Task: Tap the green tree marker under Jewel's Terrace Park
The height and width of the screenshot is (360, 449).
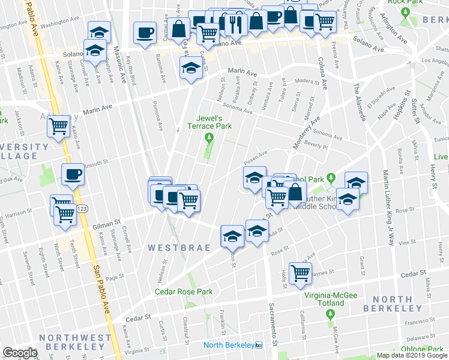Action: (209, 140)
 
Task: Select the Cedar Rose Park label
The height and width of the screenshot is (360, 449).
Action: (184, 292)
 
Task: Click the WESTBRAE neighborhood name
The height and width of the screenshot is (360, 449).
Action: (179, 247)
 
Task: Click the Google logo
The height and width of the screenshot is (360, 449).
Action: (20, 353)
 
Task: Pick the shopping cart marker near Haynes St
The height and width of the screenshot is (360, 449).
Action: (300, 272)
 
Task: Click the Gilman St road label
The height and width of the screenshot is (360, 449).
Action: (103, 226)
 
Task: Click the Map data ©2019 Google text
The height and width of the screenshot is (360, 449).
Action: (411, 355)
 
